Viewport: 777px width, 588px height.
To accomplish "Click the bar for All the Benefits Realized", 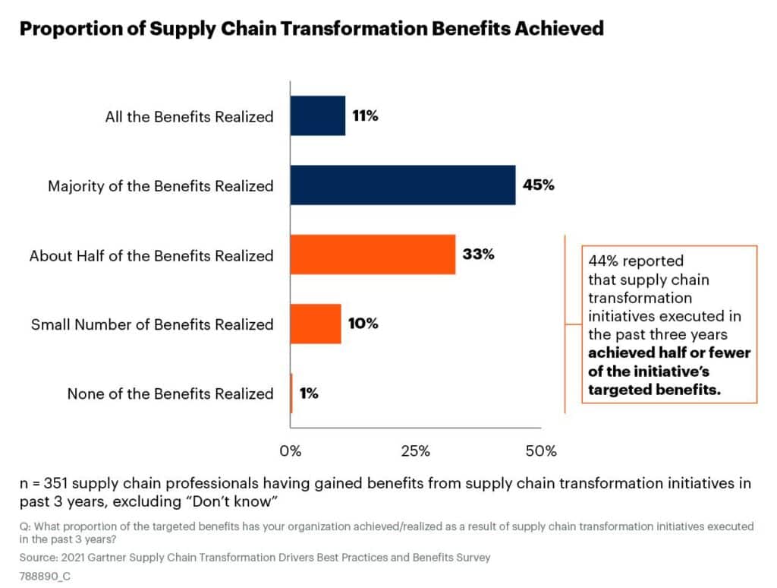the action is point(318,115).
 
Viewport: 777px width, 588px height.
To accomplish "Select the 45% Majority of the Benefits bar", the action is point(403,185).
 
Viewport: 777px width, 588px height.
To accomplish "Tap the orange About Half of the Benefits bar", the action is point(373,254).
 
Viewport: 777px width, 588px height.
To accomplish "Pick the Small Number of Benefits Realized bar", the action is point(316,324).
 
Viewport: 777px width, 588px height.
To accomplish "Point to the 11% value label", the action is point(365,115).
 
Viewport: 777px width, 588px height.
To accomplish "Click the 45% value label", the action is point(538,185).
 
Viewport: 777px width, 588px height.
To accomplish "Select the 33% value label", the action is point(478,254).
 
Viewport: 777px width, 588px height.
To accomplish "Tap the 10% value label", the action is point(363,324).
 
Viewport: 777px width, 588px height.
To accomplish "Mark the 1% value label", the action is point(309,394).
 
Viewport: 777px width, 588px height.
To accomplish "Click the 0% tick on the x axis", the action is point(291,451).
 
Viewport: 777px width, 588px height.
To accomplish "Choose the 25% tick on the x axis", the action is point(415,451).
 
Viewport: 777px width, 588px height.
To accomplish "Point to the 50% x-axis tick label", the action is point(541,451).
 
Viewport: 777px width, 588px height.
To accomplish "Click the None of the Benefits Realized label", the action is point(171,394).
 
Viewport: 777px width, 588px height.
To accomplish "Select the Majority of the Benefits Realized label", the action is point(161,186).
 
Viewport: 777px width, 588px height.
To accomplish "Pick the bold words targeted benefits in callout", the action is point(654,390).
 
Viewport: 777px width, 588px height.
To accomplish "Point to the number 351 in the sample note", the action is point(56,483).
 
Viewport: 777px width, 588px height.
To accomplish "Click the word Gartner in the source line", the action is point(108,558).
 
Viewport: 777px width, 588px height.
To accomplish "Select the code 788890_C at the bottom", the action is point(45,576).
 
